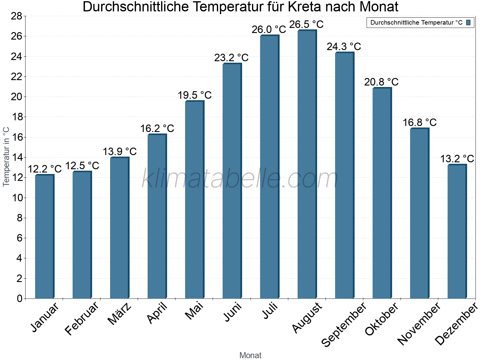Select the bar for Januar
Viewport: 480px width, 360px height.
pyautogui.click(x=44, y=237)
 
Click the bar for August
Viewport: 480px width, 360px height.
pyautogui.click(x=307, y=165)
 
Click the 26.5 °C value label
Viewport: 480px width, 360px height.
pyautogui.click(x=306, y=24)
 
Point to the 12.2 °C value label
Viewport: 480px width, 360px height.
pyautogui.click(x=44, y=169)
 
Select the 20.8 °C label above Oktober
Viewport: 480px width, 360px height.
pyautogui.click(x=381, y=82)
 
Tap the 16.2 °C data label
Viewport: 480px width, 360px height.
pyautogui.click(x=157, y=128)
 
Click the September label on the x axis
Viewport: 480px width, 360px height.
pyautogui.click(x=344, y=324)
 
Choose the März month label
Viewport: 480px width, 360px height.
pyautogui.click(x=120, y=314)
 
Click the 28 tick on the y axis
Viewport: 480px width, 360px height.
pyautogui.click(x=17, y=16)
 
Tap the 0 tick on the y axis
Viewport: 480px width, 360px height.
pyautogui.click(x=20, y=298)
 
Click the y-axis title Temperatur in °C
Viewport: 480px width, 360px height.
pyautogui.click(x=6, y=157)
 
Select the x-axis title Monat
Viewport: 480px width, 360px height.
pyautogui.click(x=250, y=355)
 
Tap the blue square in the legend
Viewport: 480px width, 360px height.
pyautogui.click(x=468, y=22)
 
